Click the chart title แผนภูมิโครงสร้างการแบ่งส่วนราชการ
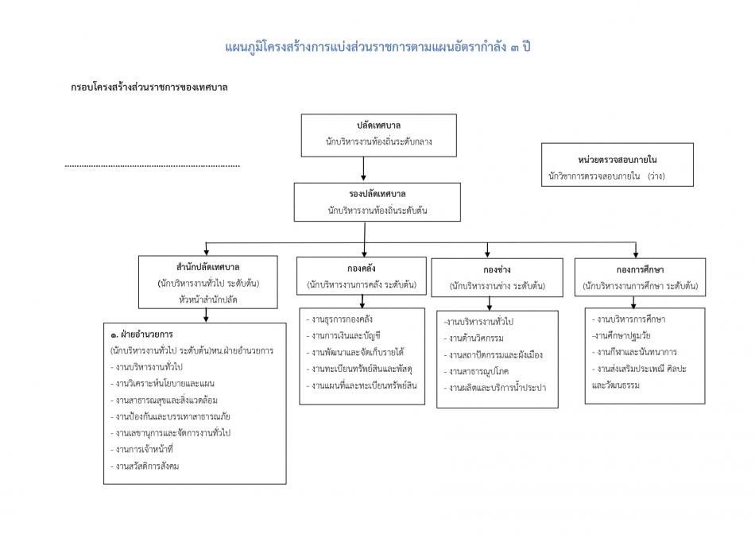tap(377, 46)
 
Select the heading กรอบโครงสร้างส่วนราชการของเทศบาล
tap(149, 87)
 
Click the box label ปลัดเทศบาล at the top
tap(378, 126)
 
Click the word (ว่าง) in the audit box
tap(656, 176)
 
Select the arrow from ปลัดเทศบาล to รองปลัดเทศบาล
tap(364, 169)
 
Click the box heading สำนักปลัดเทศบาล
tap(208, 266)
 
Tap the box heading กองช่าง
tap(497, 269)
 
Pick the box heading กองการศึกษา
tap(640, 269)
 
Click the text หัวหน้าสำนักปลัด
tap(208, 300)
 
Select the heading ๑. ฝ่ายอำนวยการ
tap(143, 335)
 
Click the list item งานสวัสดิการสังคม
tap(147, 466)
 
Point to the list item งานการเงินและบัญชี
tap(347, 335)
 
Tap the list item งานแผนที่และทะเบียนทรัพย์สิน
tap(365, 385)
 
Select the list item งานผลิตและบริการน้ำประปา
tap(498, 388)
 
